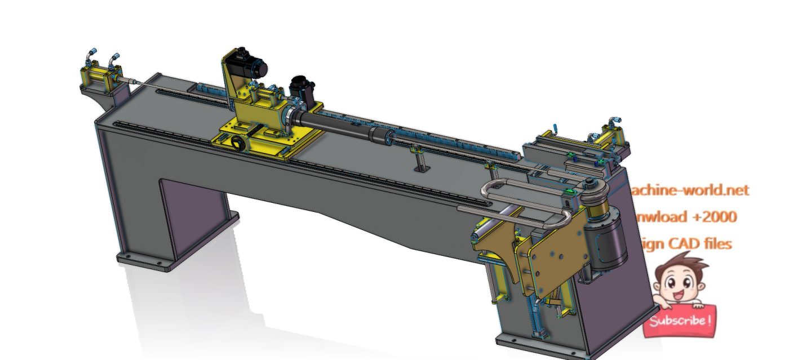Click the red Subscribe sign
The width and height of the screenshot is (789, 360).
click(680, 322)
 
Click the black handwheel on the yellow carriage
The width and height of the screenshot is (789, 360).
click(240, 143)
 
